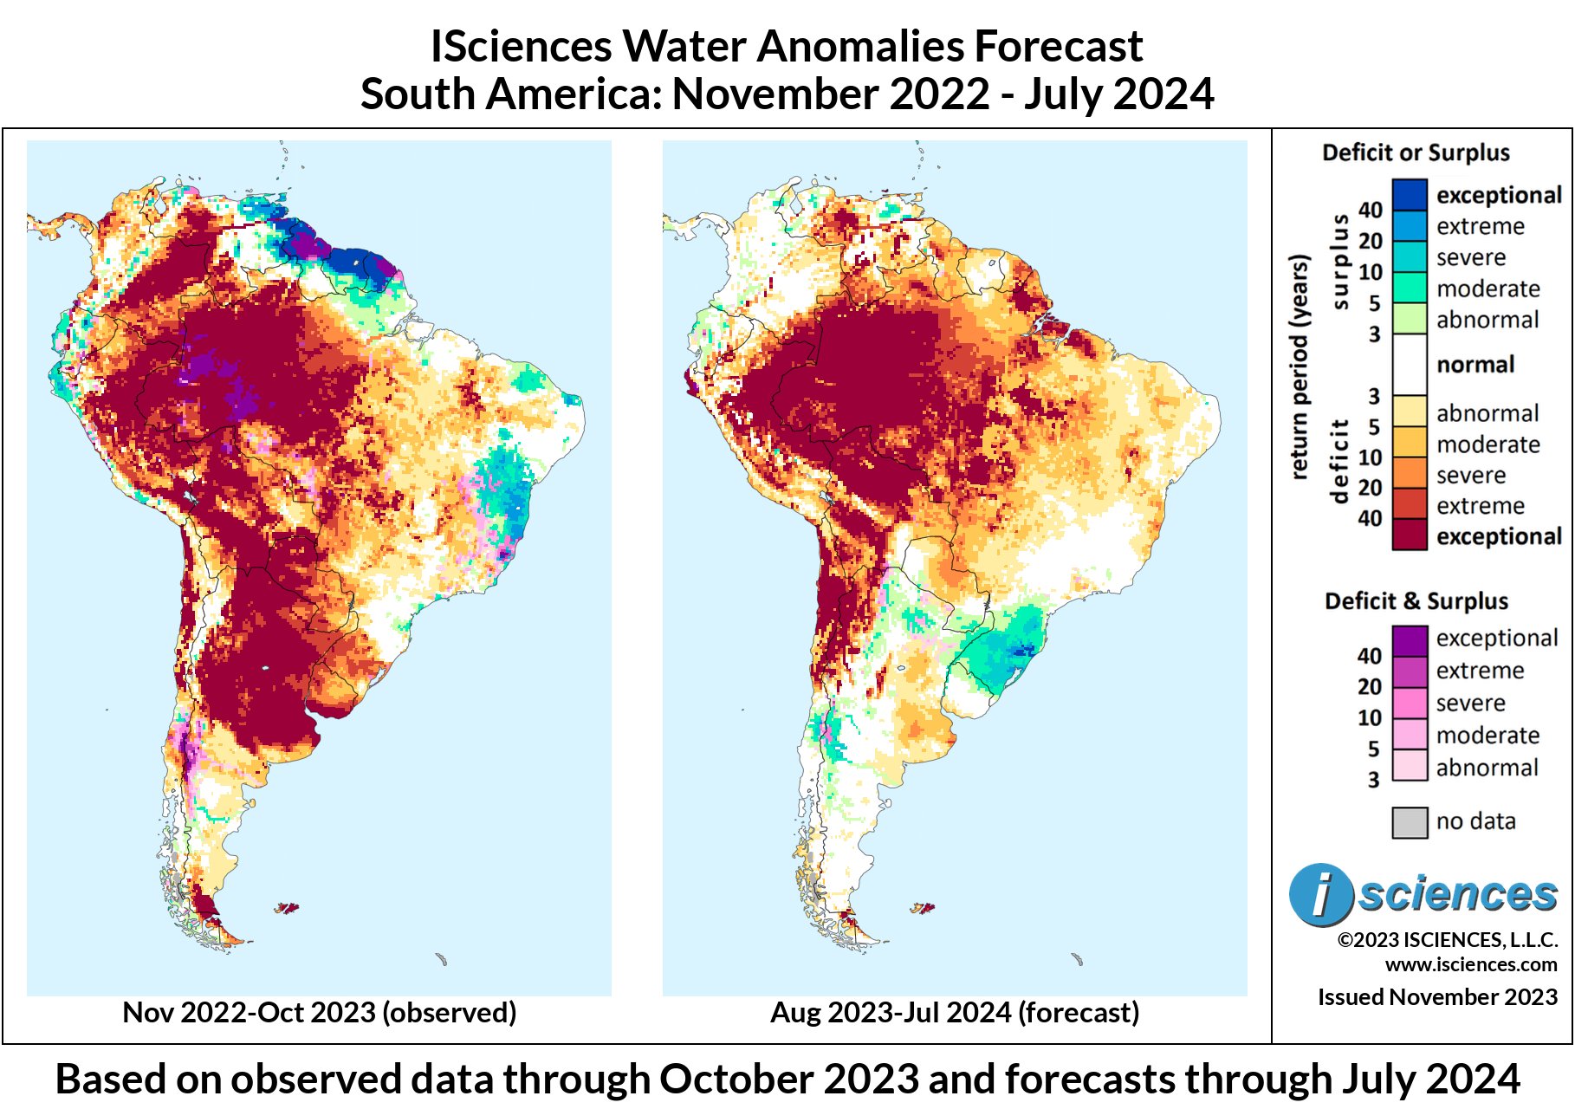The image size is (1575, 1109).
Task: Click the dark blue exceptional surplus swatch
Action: click(1409, 194)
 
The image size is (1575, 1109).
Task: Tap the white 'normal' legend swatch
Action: click(1409, 364)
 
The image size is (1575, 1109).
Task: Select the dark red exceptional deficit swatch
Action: click(1409, 535)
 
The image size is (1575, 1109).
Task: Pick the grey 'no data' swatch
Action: click(1409, 821)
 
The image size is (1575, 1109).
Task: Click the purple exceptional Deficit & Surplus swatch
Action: click(1409, 639)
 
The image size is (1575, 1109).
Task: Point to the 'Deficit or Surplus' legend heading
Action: click(1416, 152)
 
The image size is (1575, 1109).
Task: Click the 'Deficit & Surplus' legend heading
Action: click(1416, 600)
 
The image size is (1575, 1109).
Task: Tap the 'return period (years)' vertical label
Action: click(1298, 366)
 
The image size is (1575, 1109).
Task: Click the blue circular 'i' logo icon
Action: click(1319, 894)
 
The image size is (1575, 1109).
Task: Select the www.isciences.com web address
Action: click(1470, 964)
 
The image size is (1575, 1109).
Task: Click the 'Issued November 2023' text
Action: click(1437, 996)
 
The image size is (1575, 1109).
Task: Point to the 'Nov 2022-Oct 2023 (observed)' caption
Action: click(319, 1012)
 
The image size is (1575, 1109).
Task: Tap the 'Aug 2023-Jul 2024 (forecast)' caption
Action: click(955, 1012)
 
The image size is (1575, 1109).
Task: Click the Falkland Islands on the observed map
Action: click(288, 908)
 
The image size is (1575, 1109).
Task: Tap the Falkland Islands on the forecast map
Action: click(924, 908)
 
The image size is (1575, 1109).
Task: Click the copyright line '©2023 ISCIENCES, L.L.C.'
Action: click(1447, 940)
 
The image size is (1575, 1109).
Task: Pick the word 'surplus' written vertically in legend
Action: click(1340, 261)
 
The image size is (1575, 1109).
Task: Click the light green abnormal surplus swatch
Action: click(1409, 319)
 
